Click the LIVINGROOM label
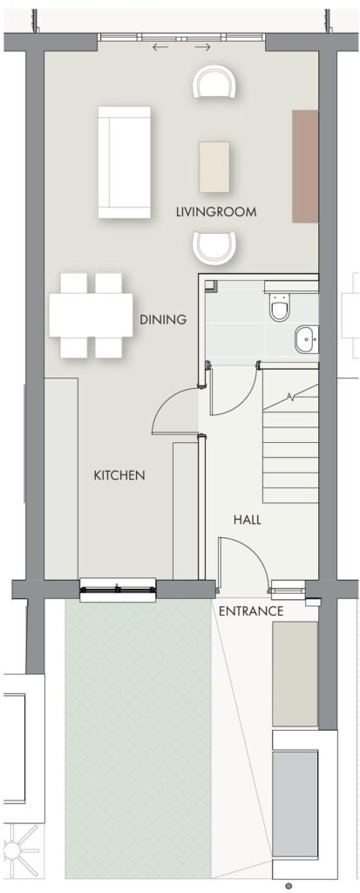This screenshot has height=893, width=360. tap(216, 213)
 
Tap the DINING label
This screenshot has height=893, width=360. tap(164, 319)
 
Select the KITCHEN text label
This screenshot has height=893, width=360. tap(119, 475)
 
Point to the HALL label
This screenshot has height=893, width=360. tap(248, 520)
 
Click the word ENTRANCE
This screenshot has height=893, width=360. tap(251, 611)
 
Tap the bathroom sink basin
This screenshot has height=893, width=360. tap(307, 340)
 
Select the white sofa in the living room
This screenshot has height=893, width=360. tap(124, 162)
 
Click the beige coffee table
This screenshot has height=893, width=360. tap(214, 167)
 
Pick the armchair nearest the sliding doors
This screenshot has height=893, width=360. tap(214, 81)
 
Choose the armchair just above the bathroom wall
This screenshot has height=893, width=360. tap(214, 247)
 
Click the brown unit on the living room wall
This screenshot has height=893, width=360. tap(305, 167)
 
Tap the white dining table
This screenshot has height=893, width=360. tap(91, 315)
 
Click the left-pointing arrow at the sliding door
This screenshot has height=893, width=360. tap(160, 47)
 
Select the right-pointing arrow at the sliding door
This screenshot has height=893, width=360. tap(203, 47)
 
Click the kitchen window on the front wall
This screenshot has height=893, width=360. tap(118, 590)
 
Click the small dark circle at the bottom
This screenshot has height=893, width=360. tap(289, 886)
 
